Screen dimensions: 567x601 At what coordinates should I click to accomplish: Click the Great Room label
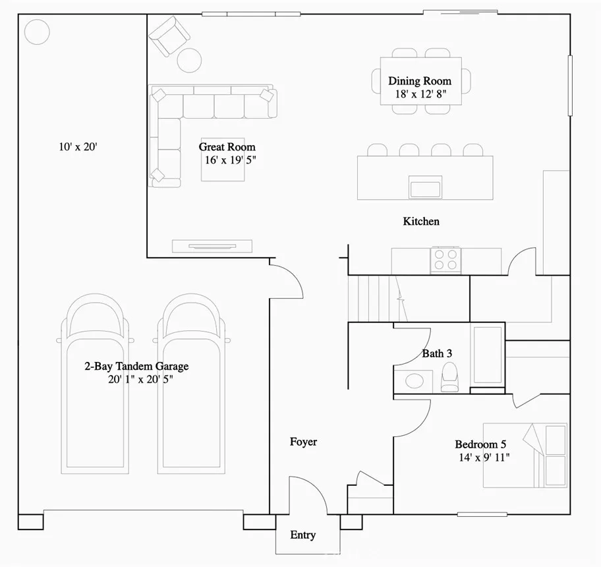coord(227,147)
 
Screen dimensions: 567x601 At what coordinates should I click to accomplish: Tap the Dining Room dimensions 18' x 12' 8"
coord(419,94)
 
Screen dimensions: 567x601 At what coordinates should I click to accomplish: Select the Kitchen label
coord(421,222)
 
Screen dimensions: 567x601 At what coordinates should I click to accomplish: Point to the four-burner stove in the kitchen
coord(445,260)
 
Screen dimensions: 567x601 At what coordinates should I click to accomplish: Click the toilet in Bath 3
coord(449,376)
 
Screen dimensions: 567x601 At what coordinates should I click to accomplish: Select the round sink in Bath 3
coord(415,381)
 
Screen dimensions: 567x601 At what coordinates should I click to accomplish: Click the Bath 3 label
coord(437,353)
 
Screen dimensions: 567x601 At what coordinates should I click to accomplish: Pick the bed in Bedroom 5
coord(525,455)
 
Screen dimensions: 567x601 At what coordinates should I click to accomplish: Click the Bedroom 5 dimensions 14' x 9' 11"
coord(482,457)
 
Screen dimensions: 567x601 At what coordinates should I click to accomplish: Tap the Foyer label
coord(303,442)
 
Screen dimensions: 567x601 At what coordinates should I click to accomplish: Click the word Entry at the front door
coord(302,535)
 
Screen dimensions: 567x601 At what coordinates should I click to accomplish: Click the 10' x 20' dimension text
coord(78,147)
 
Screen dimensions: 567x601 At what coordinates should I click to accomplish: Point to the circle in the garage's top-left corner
coord(37,31)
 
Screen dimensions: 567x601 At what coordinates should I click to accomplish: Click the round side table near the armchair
coord(190,60)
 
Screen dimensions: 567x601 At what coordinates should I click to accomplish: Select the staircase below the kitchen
coord(376,298)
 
